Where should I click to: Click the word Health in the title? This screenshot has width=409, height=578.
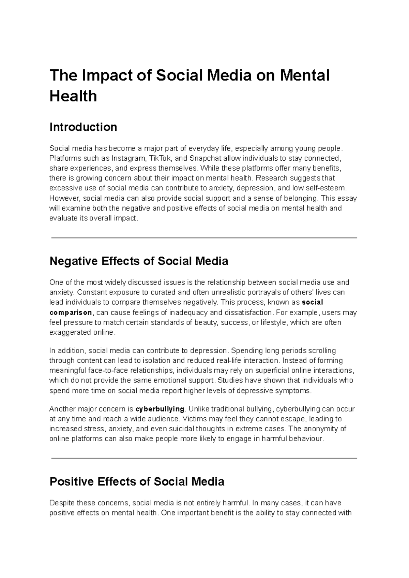point(73,96)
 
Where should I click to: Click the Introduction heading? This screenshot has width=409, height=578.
point(83,127)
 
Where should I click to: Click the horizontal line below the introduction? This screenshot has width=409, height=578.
point(204,238)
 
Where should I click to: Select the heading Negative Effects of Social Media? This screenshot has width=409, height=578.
point(139,261)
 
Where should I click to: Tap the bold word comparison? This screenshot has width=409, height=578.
point(71,313)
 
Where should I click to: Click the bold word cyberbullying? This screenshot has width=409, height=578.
point(160,409)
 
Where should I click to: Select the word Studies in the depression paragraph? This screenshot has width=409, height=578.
point(230,380)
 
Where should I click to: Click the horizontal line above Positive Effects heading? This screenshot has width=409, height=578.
point(204,458)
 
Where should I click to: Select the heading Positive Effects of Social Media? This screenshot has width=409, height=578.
point(137,482)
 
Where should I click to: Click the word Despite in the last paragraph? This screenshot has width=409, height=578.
point(62,503)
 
